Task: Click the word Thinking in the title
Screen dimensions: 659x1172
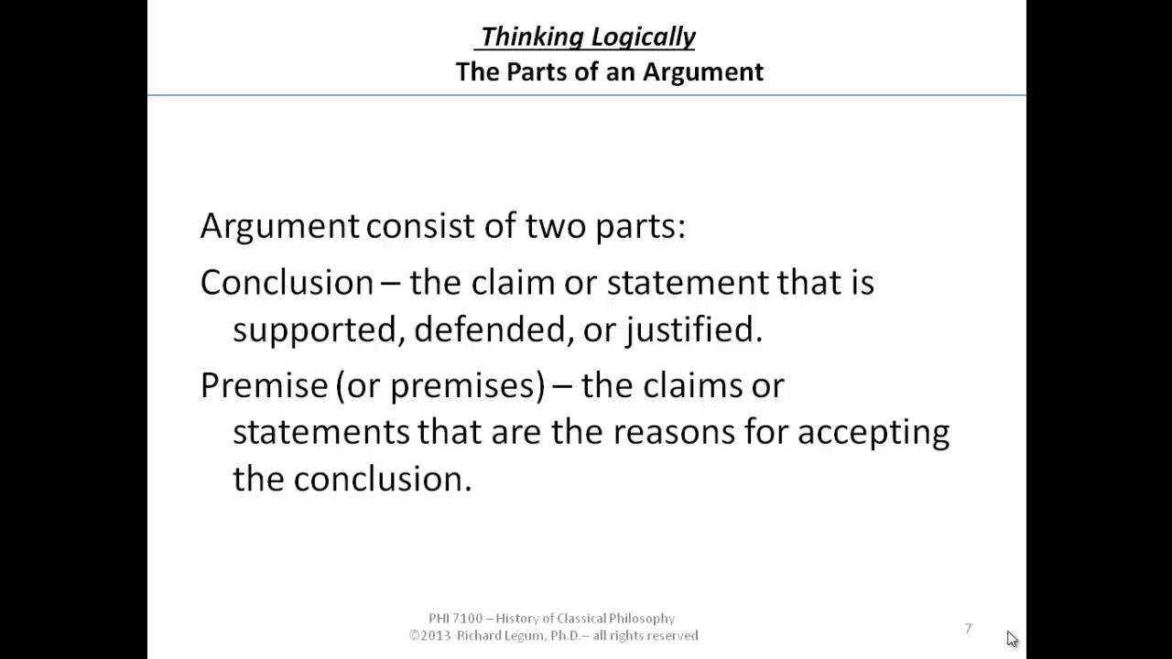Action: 532,37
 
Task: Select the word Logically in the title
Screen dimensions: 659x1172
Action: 643,37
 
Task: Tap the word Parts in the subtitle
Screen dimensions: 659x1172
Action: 541,71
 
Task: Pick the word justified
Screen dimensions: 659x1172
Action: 693,329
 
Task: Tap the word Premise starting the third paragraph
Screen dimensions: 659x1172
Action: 264,385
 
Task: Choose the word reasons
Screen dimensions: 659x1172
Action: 674,431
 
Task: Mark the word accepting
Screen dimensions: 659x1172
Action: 873,431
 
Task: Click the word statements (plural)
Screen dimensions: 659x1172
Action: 320,431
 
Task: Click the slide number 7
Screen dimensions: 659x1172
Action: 968,628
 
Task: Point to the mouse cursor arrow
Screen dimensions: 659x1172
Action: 1011,638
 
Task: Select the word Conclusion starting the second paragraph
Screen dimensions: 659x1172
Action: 287,282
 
